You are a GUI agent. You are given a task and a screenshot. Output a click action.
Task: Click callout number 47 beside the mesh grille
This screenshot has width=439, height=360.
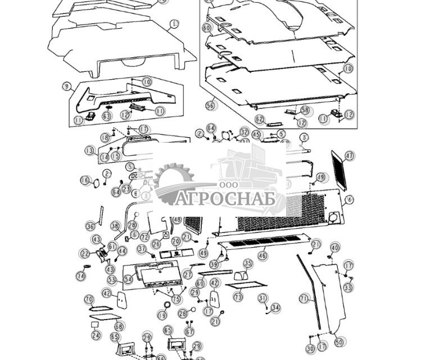click(350, 156)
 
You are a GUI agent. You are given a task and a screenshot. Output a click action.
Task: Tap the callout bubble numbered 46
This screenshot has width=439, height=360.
click(263, 256)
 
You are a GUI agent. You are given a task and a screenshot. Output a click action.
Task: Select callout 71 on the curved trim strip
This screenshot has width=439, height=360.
click(304, 299)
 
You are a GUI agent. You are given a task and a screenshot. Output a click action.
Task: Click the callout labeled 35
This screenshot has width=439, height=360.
click(248, 263)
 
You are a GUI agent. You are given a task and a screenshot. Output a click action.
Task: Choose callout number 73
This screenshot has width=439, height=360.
click(238, 297)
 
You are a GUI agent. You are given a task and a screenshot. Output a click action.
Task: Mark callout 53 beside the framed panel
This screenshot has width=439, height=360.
click(112, 279)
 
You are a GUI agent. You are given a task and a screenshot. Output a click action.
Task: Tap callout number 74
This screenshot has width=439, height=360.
click(82, 276)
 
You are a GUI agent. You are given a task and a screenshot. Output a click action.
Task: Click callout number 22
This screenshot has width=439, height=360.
click(85, 254)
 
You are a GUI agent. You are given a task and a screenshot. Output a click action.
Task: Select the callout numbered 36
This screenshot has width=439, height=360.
click(90, 226)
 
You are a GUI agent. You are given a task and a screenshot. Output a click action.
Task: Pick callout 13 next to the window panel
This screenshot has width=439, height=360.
click(89, 151)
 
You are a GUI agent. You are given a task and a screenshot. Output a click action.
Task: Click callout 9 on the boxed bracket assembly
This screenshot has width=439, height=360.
click(67, 86)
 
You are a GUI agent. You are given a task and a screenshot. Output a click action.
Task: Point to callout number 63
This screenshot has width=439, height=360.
click(107, 116)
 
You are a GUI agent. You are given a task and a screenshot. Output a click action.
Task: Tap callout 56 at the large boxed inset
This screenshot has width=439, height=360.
click(210, 105)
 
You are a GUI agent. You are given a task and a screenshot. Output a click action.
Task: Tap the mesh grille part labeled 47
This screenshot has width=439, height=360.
click(338, 170)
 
